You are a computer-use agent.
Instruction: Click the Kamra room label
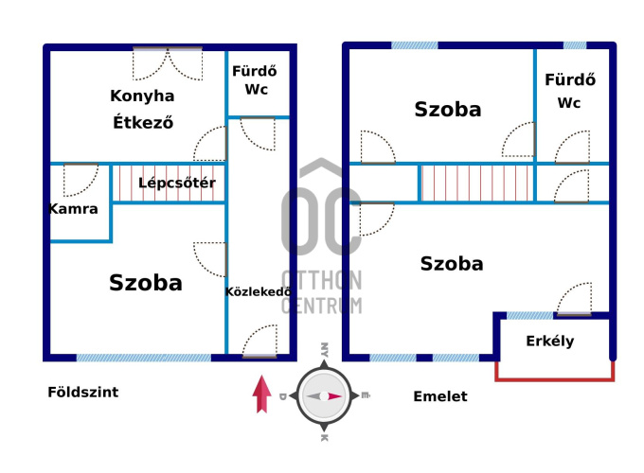point(74,208)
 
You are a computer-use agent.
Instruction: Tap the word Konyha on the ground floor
point(142,96)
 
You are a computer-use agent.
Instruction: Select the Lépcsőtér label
point(177,183)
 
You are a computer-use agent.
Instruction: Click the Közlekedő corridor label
point(257,292)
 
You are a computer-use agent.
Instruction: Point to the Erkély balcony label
point(550,342)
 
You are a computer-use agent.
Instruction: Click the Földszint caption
point(83,392)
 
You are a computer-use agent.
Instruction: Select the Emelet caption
point(440,396)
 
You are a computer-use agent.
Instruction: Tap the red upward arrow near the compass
point(262,394)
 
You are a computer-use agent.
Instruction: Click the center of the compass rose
point(324,395)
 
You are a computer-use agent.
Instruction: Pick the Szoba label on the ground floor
point(146,282)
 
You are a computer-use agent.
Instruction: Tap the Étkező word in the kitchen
point(144,122)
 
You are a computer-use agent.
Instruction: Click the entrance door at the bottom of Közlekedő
point(259,342)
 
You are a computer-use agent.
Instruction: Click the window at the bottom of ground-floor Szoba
point(144,358)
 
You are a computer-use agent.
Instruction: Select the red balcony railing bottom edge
point(555,379)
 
